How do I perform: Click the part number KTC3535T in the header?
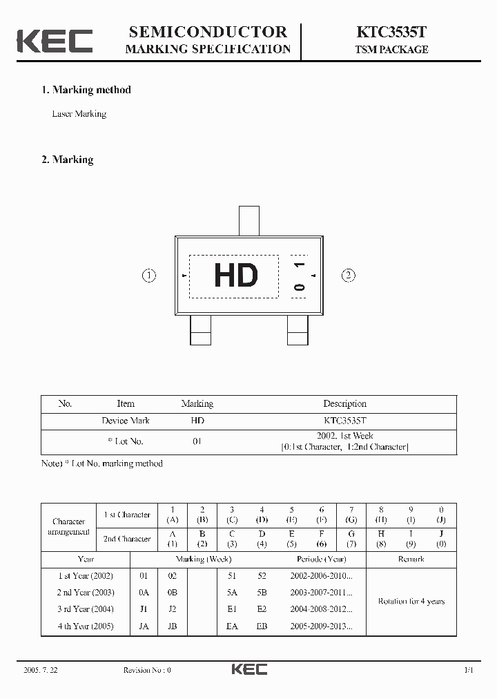[391, 32]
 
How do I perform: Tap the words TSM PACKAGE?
[391, 50]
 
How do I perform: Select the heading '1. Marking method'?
[86, 90]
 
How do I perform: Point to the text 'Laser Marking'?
[79, 114]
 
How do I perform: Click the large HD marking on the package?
[235, 276]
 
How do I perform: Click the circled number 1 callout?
[149, 276]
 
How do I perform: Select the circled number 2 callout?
[349, 276]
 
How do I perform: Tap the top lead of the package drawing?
[248, 220]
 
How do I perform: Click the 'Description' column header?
[344, 404]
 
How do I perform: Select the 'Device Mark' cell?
[126, 421]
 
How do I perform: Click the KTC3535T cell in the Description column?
[344, 421]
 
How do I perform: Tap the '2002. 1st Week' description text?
[344, 437]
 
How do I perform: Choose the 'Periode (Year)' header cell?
[322, 559]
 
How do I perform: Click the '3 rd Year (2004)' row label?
[86, 609]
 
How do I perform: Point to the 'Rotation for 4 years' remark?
[411, 602]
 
